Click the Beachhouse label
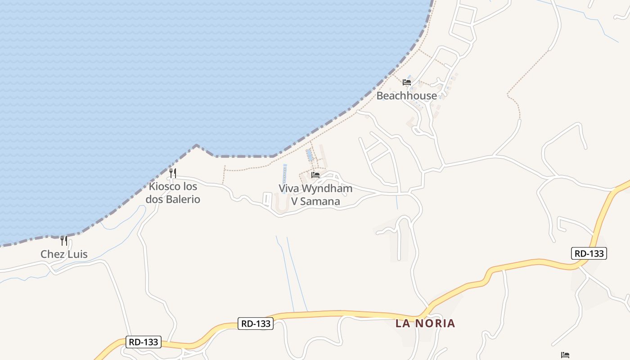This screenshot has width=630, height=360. (406, 95)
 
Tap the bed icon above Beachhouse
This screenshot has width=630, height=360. (407, 82)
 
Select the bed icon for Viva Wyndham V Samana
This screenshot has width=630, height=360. (315, 175)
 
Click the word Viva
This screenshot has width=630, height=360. (288, 188)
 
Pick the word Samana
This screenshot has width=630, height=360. (320, 201)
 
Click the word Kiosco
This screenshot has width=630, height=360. (166, 186)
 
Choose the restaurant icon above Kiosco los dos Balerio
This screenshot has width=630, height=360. (173, 173)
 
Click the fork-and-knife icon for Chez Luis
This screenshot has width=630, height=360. (64, 241)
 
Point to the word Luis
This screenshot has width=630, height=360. (77, 254)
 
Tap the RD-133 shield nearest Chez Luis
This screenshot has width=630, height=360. (143, 342)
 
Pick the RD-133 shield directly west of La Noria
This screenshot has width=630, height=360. (256, 323)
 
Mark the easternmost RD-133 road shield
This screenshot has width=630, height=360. (589, 253)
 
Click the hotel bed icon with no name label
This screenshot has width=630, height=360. (565, 355)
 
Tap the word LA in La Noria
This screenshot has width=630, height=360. (403, 323)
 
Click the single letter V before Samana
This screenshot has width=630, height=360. (295, 201)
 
